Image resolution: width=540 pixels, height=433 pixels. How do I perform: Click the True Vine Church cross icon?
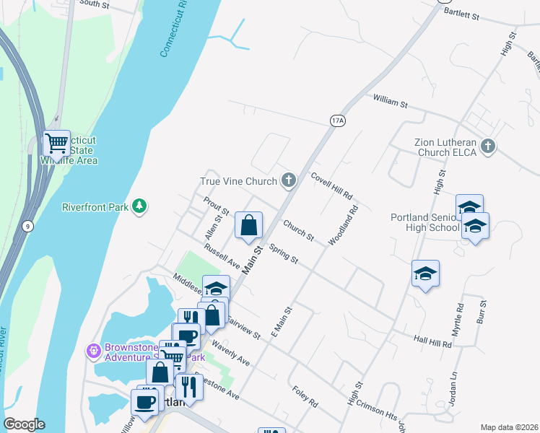click(289, 180)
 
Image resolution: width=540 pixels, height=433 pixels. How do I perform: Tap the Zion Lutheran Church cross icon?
click(488, 147)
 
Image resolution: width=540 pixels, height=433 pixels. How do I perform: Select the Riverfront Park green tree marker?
click(139, 207)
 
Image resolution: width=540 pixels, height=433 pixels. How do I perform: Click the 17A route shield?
click(337, 121)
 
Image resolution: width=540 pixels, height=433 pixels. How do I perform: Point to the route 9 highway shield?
click(27, 227)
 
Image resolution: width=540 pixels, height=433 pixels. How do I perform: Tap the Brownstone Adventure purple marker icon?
click(93, 351)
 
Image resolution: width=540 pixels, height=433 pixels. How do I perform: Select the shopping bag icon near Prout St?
click(248, 225)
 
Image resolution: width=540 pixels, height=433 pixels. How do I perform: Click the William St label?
click(391, 101)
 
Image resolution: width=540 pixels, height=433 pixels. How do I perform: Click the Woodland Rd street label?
click(344, 227)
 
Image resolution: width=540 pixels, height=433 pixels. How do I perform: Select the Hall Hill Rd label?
click(432, 342)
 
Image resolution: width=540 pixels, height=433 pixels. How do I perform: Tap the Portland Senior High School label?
click(424, 222)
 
